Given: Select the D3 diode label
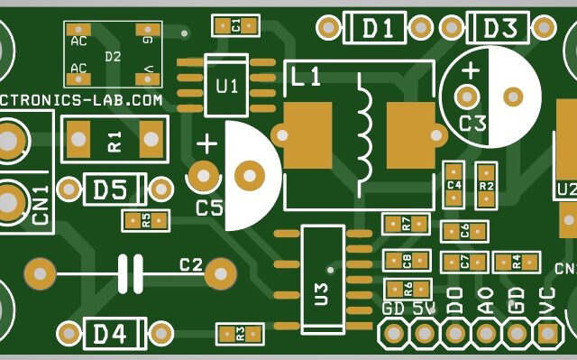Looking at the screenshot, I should click(x=499, y=28).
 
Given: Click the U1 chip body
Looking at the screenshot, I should click(x=227, y=86).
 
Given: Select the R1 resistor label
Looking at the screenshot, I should click(x=114, y=141).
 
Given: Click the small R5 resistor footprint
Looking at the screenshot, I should click(x=146, y=220).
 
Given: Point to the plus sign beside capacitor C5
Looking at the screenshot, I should click(x=206, y=143).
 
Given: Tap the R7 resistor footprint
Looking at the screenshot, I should click(x=406, y=223).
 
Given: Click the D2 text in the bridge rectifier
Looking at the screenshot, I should click(x=113, y=56).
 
